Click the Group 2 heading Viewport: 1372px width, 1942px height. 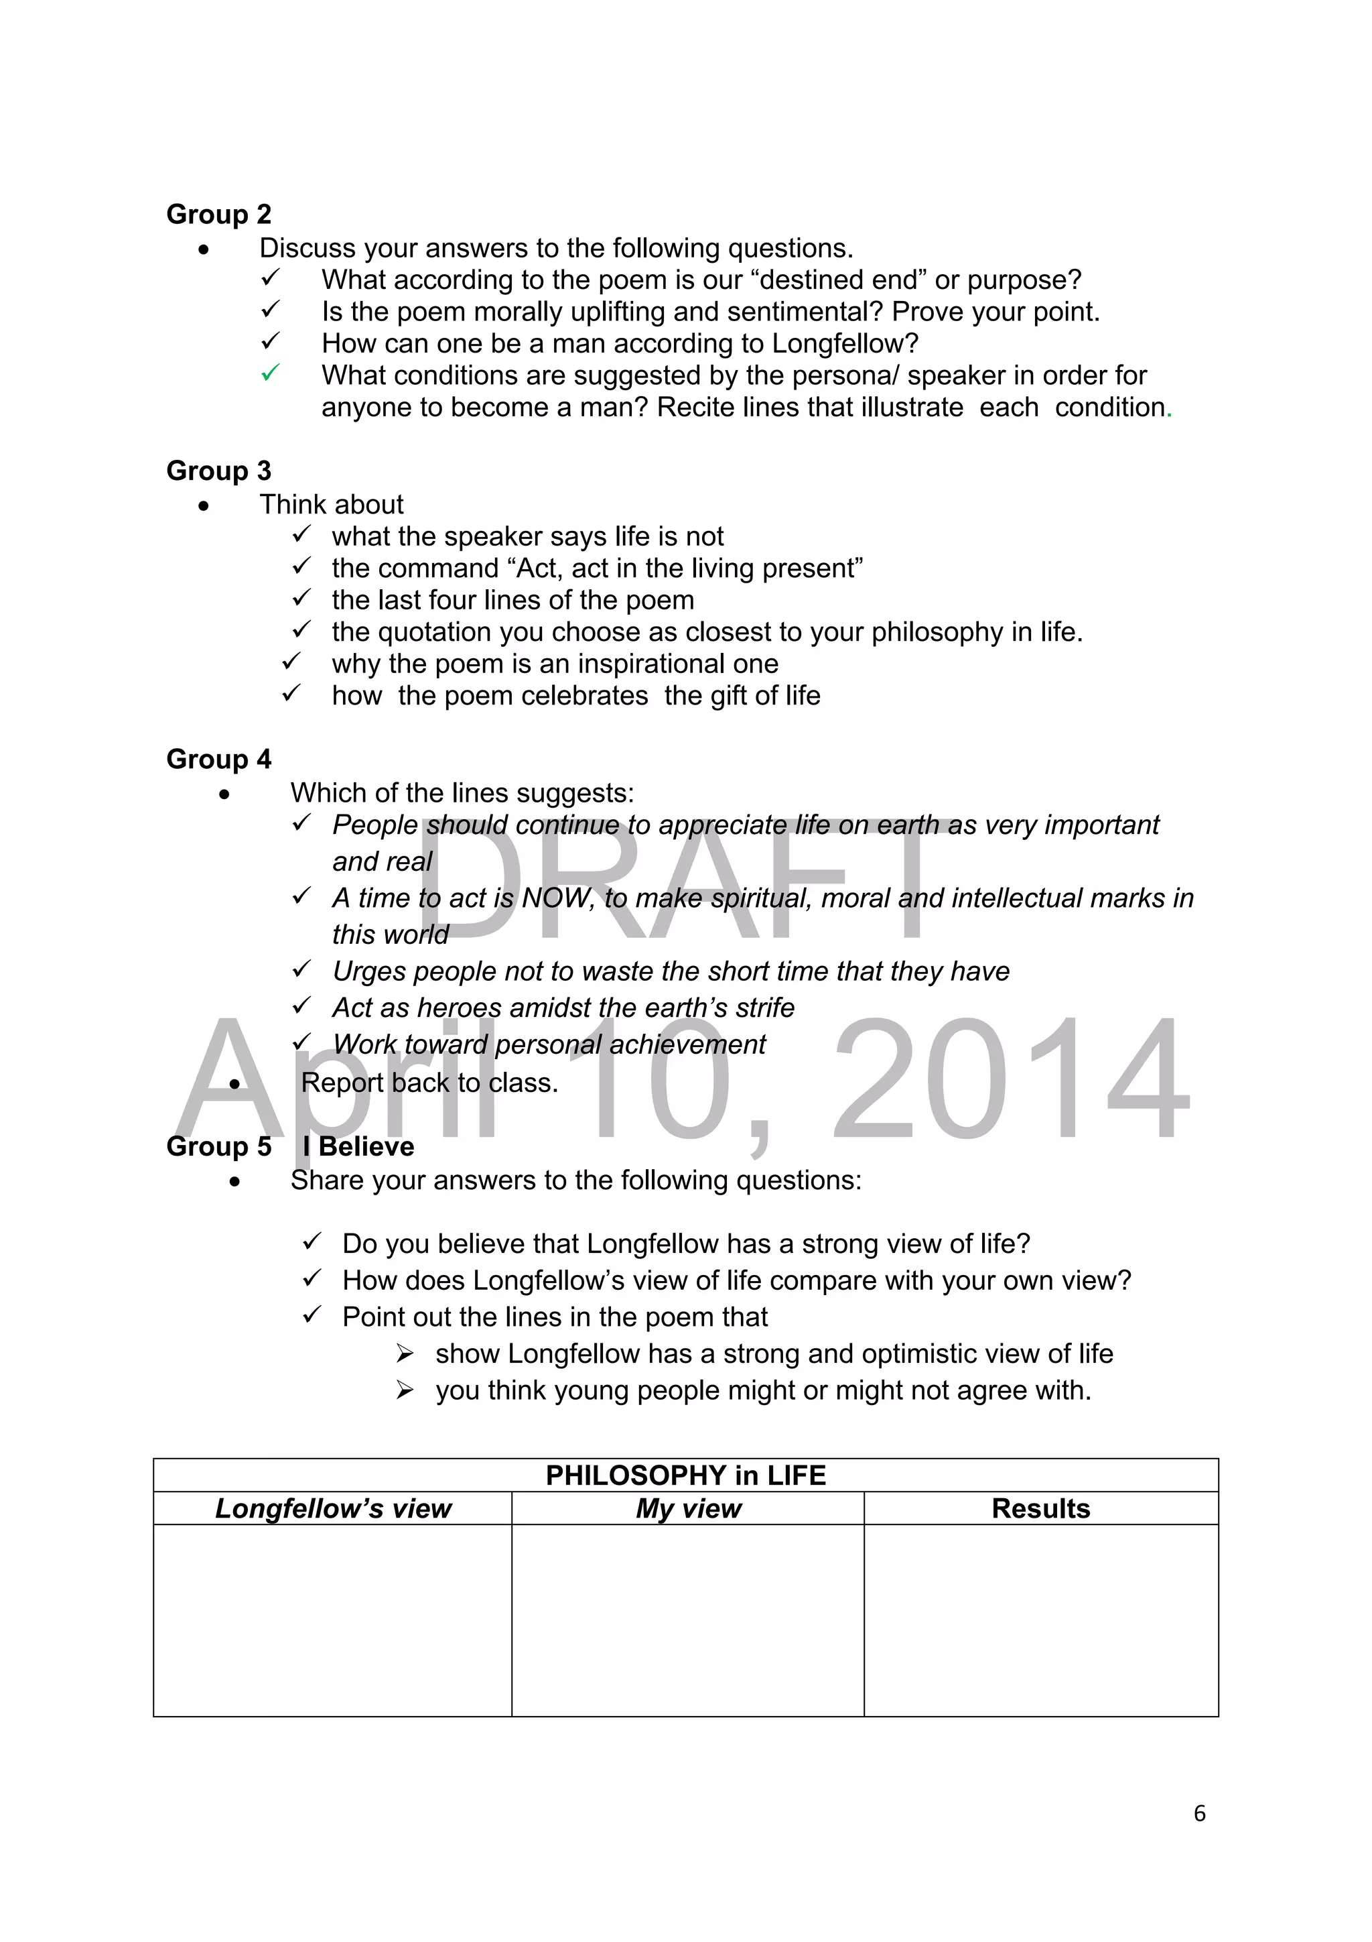click(218, 215)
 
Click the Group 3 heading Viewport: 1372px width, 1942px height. click(218, 471)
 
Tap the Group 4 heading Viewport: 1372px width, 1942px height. click(218, 760)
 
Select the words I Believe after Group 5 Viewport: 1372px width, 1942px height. click(358, 1147)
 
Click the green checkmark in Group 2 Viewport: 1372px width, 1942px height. click(270, 373)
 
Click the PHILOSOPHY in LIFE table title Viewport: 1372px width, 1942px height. click(685, 1476)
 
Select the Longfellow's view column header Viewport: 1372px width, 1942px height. click(333, 1509)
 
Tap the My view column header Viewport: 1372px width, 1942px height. click(688, 1509)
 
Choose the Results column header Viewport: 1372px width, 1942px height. click(1040, 1509)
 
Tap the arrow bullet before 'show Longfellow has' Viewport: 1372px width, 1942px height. click(405, 1355)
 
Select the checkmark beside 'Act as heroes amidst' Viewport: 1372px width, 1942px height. click(301, 1006)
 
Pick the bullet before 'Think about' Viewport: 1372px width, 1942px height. click(203, 507)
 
